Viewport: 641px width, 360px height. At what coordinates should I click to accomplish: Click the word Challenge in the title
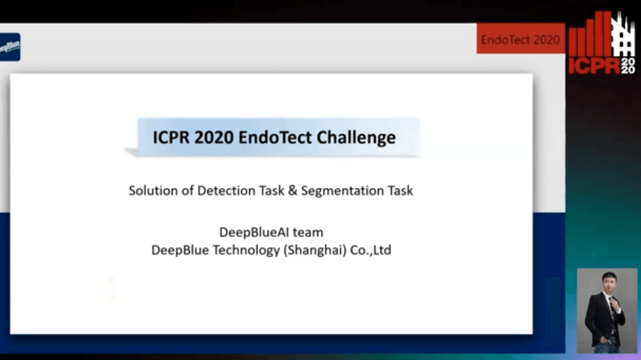pyautogui.click(x=356, y=138)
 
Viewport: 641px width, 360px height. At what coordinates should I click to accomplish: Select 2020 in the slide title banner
pyautogui.click(x=214, y=137)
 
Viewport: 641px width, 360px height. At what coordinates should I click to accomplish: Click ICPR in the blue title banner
pyautogui.click(x=171, y=137)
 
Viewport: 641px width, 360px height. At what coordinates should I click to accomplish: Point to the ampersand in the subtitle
pyautogui.click(x=293, y=191)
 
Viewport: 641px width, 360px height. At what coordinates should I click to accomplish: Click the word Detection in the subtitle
pyautogui.click(x=226, y=191)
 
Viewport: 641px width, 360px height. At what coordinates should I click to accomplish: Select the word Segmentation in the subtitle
pyautogui.click(x=342, y=191)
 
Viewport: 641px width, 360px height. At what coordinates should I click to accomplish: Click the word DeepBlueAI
pyautogui.click(x=254, y=232)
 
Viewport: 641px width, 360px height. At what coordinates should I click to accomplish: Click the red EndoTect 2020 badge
pyautogui.click(x=520, y=38)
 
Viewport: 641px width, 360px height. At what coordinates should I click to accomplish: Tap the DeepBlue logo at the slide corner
pyautogui.click(x=10, y=47)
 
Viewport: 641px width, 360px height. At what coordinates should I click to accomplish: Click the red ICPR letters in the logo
pyautogui.click(x=595, y=66)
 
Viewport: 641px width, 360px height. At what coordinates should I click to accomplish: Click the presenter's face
pyautogui.click(x=608, y=283)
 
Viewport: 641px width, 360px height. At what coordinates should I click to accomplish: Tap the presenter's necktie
pyautogui.click(x=612, y=310)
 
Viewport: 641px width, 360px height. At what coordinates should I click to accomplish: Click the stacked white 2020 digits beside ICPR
pyautogui.click(x=628, y=66)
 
